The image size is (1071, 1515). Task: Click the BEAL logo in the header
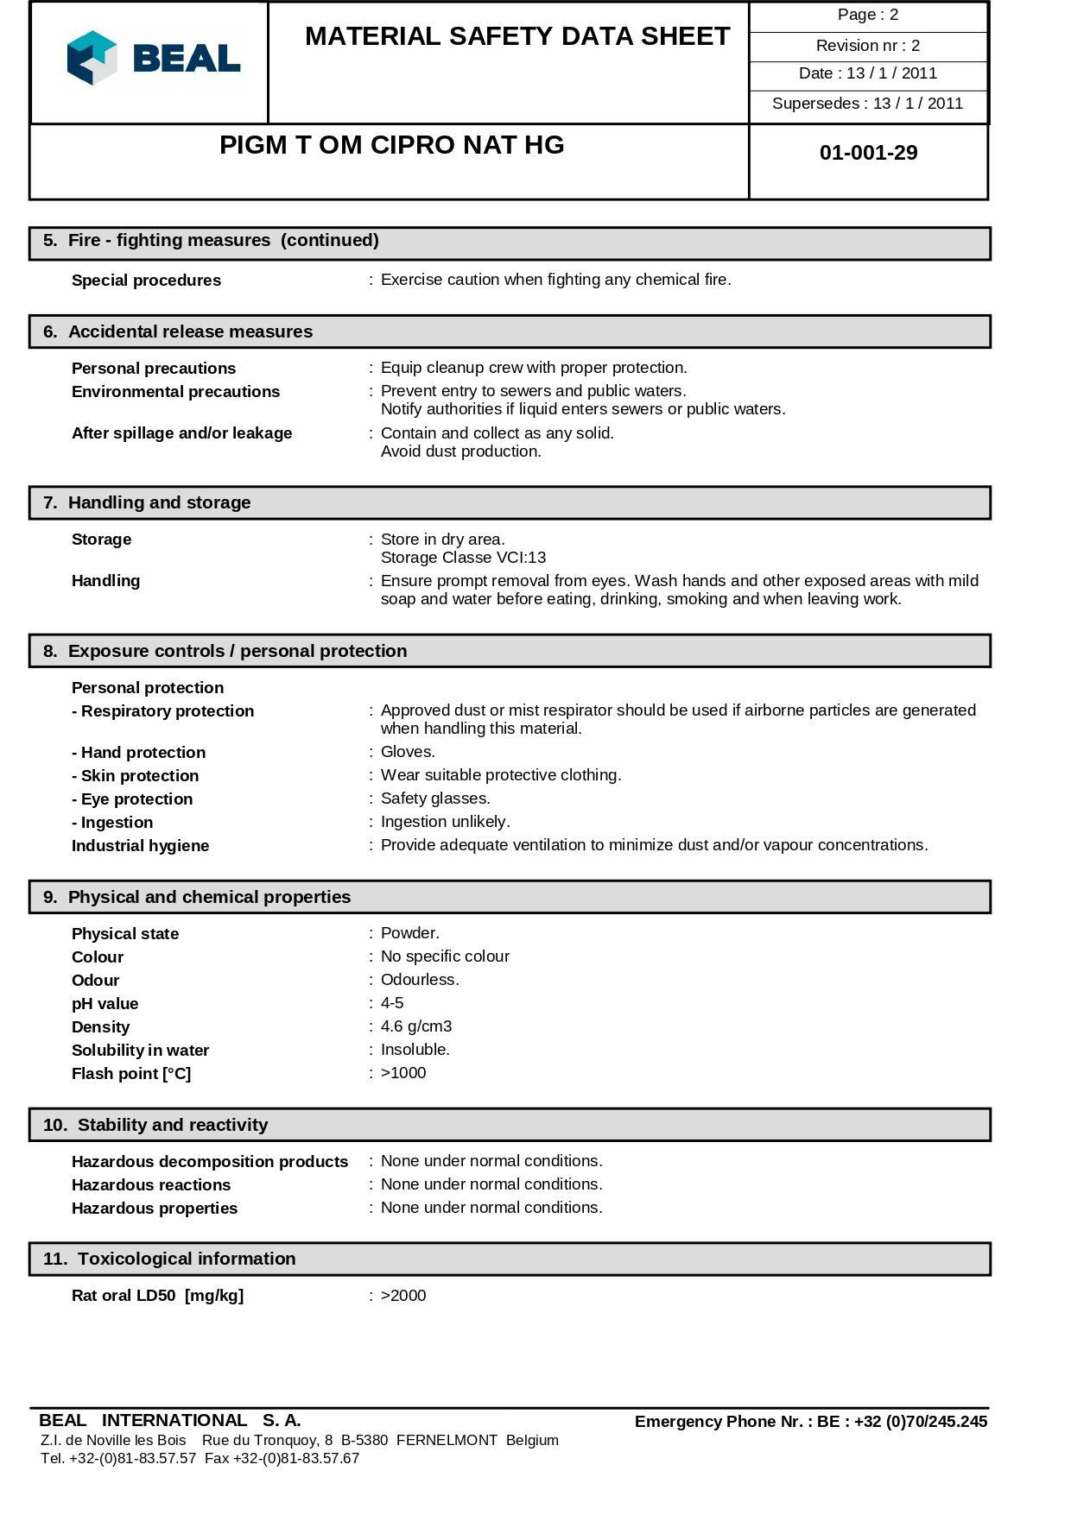(153, 59)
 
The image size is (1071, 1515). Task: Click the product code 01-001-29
(868, 153)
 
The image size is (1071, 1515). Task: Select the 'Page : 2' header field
(867, 15)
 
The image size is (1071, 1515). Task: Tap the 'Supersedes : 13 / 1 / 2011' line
(867, 104)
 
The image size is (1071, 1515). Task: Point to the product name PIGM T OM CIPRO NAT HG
(391, 145)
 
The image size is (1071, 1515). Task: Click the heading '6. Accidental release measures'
(190, 331)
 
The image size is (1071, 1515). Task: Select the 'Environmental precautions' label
(175, 392)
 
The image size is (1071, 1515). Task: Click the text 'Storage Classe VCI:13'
(463, 558)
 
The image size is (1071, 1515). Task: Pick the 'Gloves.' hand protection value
(408, 752)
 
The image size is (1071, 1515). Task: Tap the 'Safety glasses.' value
(435, 799)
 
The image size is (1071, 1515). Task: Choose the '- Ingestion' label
(112, 823)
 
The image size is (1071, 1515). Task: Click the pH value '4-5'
(392, 1003)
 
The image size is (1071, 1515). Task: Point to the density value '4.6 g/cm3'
(416, 1026)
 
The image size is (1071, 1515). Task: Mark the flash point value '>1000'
(403, 1073)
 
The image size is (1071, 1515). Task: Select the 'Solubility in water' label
(140, 1051)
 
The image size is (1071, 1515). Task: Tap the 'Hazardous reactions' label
(151, 1185)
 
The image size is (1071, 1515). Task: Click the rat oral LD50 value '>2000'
(403, 1296)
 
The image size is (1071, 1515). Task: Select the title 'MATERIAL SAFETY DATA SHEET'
(517, 36)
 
